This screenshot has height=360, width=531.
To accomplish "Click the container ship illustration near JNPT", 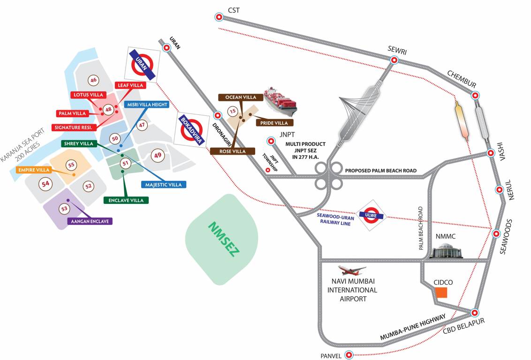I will pos(280,102).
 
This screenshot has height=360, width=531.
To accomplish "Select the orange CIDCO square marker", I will pos(441,293).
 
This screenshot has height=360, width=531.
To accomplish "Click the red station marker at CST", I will pos(219,17).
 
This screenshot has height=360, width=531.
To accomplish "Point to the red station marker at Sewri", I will pos(394,60).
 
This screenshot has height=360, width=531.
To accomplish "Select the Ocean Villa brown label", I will pos(240,97).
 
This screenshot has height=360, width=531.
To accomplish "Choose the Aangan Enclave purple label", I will pos(90,221).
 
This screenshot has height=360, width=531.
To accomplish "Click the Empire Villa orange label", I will pos(33,170).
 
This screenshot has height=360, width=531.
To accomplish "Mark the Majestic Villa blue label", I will pos(163,185).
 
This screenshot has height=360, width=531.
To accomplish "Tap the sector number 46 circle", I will pos(93,80).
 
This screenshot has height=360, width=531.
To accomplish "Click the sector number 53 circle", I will pos(64,208).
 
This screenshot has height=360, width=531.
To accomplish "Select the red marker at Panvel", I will pos(349,355).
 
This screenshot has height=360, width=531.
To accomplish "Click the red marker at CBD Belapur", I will pos(474,313).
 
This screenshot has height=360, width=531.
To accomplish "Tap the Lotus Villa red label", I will pos(87,95).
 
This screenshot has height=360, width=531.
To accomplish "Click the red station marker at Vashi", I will pos(490,153).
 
